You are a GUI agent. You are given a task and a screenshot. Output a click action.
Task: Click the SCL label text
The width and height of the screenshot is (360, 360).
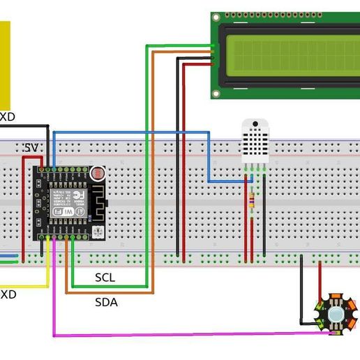point(105,278)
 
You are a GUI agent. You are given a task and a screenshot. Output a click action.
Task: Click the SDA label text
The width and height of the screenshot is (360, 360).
point(106,302)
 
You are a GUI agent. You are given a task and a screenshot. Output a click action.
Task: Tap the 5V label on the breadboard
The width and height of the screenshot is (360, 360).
point(31,148)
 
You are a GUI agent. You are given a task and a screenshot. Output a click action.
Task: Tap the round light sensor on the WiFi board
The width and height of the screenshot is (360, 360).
point(96,174)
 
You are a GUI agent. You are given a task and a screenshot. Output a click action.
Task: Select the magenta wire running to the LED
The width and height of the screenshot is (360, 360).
point(174,336)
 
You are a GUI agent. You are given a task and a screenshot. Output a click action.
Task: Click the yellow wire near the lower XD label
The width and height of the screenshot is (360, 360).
point(28,286)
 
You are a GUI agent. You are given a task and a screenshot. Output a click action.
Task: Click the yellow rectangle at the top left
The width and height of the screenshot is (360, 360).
point(5,63)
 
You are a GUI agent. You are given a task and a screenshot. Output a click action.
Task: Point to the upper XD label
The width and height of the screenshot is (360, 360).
point(7,117)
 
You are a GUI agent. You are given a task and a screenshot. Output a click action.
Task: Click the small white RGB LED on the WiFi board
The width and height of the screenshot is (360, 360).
point(98,230)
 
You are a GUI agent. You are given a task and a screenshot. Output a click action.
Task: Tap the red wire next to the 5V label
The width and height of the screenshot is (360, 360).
point(24,209)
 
